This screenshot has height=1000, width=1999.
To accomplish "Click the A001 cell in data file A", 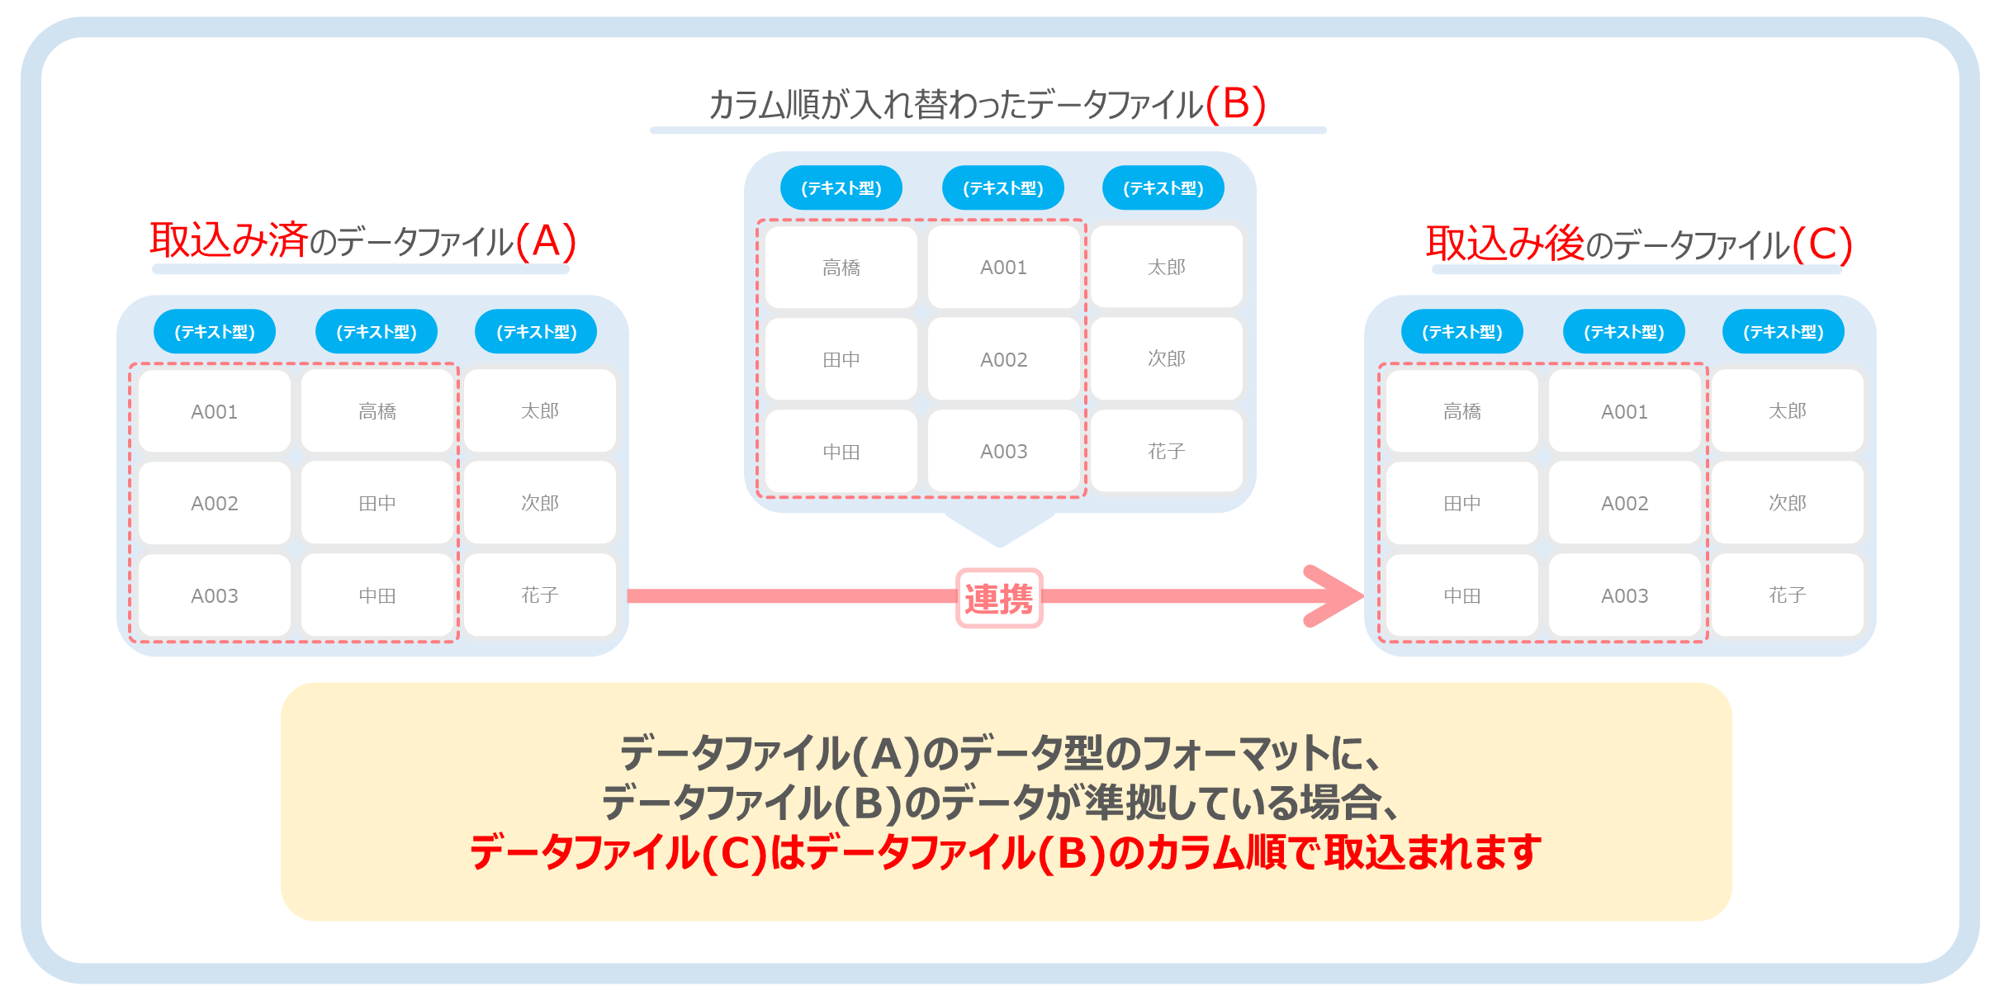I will pos(214,411).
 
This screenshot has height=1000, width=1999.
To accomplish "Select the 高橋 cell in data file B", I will pos(841,268).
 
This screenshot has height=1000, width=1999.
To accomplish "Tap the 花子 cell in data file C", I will pos(1787,595).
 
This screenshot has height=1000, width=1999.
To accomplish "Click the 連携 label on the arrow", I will pos(999,598).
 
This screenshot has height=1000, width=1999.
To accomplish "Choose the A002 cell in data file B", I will pos(1003,359).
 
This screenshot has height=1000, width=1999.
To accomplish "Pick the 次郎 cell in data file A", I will pos(539,503).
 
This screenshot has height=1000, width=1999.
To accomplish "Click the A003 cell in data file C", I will pos(1624,595).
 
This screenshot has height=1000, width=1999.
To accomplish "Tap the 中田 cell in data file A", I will pos(377,595).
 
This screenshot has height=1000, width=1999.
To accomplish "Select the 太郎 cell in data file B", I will pos(1166,267).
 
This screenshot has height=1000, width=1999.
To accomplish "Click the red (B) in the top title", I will pos(1235,105).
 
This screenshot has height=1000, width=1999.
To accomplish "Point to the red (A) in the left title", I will pos(546,242).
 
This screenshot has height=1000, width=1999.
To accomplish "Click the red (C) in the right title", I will pos(1822,245).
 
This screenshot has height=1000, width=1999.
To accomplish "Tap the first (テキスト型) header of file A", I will pos(215,332).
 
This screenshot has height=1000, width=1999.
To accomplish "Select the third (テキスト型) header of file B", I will pos(1163,188).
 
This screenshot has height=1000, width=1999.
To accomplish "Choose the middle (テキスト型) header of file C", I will pos(1623,332).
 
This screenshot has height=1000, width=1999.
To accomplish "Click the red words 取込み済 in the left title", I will pos(229,240).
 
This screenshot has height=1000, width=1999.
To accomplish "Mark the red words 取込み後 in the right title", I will pos(1505,244).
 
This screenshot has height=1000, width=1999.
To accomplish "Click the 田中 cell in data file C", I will pos(1461,503).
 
